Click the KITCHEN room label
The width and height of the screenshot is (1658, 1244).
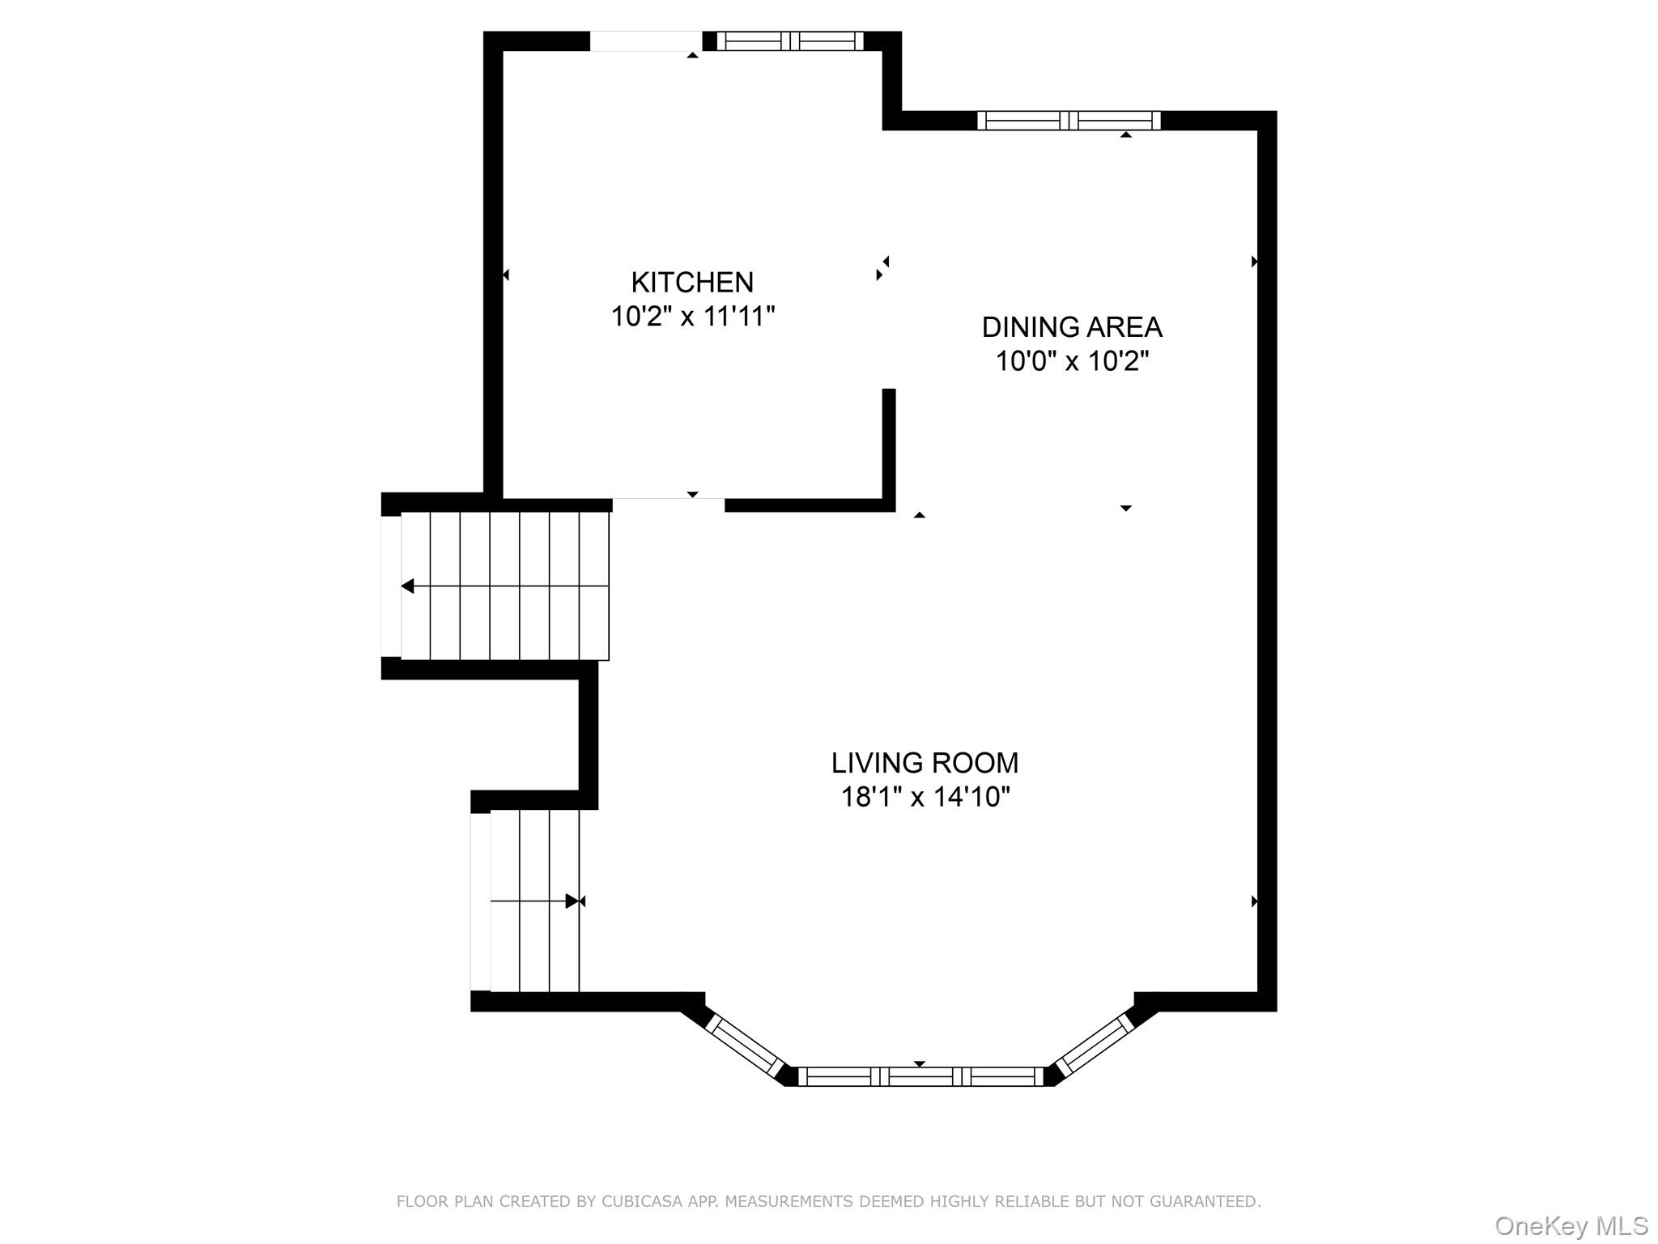click(x=692, y=282)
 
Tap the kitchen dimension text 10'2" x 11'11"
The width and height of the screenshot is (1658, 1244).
click(x=692, y=316)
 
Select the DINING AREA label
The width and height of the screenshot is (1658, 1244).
click(x=1071, y=327)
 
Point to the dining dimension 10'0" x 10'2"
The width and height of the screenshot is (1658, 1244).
click(x=1071, y=361)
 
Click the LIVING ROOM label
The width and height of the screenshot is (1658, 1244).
click(x=925, y=763)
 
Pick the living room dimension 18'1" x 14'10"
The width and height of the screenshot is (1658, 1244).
click(x=925, y=798)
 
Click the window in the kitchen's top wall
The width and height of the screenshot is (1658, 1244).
click(x=790, y=40)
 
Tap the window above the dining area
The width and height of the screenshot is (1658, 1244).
click(x=1069, y=121)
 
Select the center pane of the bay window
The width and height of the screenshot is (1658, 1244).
click(x=920, y=1076)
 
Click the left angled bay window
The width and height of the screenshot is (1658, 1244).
click(x=743, y=1045)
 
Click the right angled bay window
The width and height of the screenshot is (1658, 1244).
click(x=1095, y=1046)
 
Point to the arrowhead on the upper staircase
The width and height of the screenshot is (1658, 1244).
click(x=407, y=586)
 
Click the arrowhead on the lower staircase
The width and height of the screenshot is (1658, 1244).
click(x=573, y=901)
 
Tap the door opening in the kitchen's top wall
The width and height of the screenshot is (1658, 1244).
click(x=645, y=40)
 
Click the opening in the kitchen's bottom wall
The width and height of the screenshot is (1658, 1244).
click(x=668, y=505)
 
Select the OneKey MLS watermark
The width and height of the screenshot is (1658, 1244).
click(x=1571, y=1226)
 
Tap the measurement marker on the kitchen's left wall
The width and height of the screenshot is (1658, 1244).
click(x=506, y=275)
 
